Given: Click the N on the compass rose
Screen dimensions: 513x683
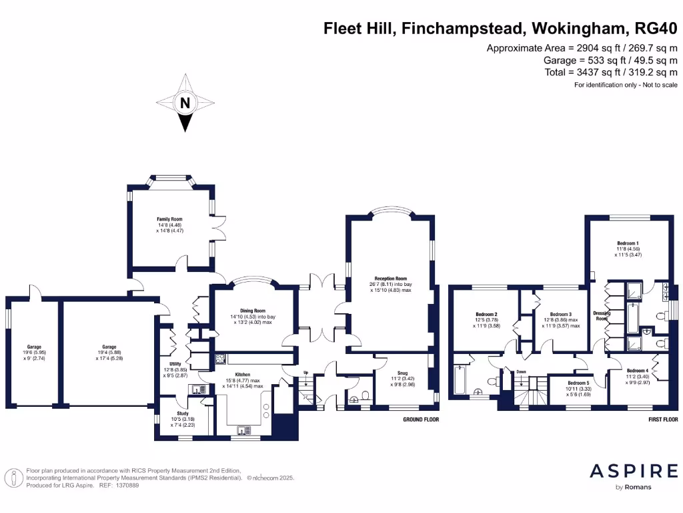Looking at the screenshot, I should click(185, 103).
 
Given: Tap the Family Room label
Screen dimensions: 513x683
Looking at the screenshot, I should click(169, 219).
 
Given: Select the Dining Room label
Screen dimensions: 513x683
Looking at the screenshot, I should click(252, 311).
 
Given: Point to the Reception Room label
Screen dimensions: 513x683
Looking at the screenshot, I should click(390, 279).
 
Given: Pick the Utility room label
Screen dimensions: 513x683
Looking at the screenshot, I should click(166, 364).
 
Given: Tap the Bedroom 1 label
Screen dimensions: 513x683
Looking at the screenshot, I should click(627, 243).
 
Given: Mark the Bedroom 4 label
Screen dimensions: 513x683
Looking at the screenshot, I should click(638, 370).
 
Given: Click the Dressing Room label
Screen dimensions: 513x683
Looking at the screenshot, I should click(602, 316).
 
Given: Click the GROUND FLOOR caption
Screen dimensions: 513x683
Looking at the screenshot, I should click(421, 419).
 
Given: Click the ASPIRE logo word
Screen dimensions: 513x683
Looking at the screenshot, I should click(634, 471).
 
